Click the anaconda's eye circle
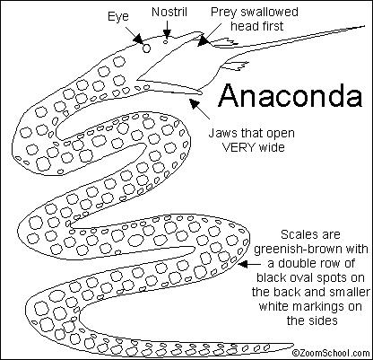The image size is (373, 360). click(x=146, y=48)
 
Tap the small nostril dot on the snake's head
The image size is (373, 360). click(x=165, y=41)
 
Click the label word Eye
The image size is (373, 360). click(x=118, y=17)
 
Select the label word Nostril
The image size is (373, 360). click(x=169, y=12)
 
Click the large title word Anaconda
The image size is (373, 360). click(x=291, y=95)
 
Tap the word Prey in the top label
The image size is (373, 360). click(x=223, y=13)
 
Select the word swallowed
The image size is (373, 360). click(x=269, y=12)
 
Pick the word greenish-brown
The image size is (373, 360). click(x=311, y=250)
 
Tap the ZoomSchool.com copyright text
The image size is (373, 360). click(x=331, y=353)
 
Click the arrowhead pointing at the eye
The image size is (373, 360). click(x=138, y=40)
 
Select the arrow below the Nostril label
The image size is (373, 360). click(x=167, y=29)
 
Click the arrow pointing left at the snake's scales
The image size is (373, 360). click(x=249, y=264)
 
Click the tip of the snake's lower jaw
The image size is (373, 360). click(x=203, y=92)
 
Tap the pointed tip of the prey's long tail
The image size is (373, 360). click(x=365, y=26)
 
